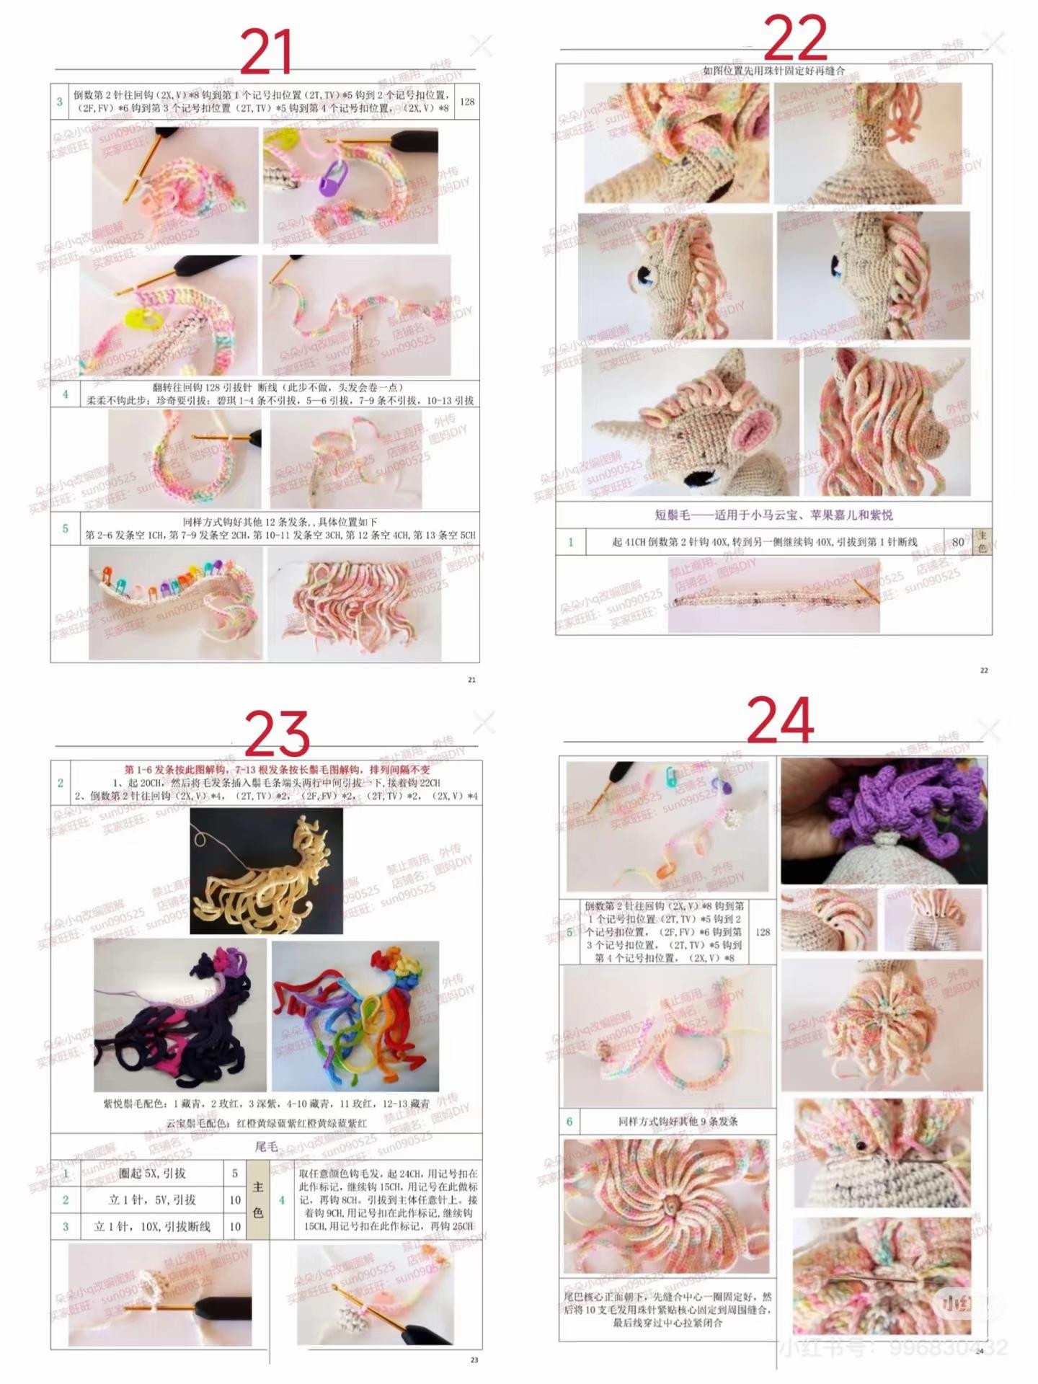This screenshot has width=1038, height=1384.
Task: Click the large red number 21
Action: [266, 52]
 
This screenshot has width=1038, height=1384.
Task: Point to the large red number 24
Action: [780, 720]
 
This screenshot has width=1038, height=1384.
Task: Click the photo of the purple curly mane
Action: [884, 820]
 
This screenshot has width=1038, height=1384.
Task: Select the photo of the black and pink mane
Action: [179, 1016]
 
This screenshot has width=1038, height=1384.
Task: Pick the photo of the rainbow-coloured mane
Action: [355, 1016]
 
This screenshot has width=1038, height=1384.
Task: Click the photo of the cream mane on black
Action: [266, 871]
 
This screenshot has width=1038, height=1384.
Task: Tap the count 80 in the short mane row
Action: [958, 541]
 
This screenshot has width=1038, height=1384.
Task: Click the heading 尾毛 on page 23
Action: [266, 1146]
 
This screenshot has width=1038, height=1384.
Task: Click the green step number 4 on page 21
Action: [65, 394]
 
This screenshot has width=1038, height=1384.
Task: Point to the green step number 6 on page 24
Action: [569, 1122]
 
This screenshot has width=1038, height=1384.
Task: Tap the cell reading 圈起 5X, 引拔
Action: [152, 1174]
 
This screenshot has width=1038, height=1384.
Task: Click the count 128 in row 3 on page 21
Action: [466, 102]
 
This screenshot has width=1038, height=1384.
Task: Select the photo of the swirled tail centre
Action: [666, 1206]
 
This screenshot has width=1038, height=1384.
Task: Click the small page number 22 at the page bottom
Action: [984, 670]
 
